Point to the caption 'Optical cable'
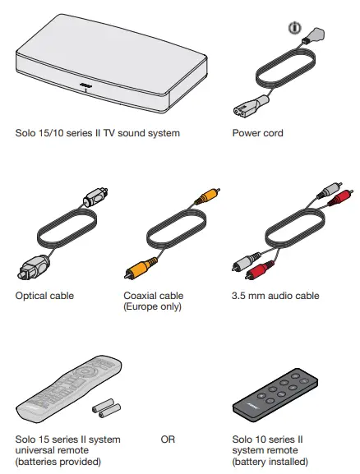click(45, 296)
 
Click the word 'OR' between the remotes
click(168, 440)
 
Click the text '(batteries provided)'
click(58, 462)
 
